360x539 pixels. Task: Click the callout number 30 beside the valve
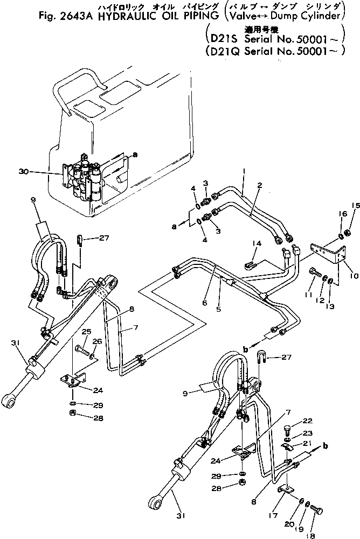point(23,172)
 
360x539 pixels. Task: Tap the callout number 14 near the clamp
point(255,244)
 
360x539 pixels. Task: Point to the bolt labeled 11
point(313,273)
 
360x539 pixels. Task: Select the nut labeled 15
point(348,233)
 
